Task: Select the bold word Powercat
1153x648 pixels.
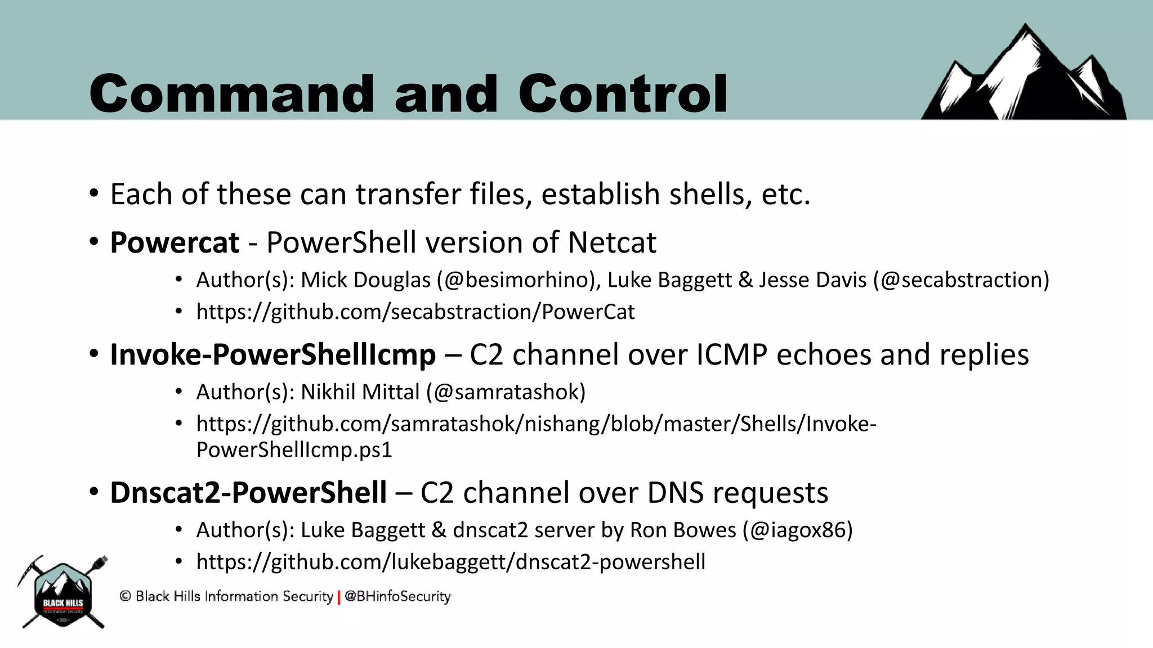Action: click(175, 243)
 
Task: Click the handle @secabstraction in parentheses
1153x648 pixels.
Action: click(961, 280)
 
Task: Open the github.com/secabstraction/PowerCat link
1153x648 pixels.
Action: click(415, 312)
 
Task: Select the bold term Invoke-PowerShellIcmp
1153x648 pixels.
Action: click(272, 355)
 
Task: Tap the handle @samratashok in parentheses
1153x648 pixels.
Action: click(506, 392)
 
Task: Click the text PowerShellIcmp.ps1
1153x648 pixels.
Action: click(294, 450)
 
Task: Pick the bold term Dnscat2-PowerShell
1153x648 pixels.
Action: click(248, 493)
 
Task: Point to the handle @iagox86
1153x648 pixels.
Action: click(797, 530)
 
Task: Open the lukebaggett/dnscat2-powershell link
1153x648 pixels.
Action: click(450, 562)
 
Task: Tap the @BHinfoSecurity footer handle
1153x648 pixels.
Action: click(397, 597)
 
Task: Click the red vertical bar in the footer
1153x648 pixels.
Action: click(339, 597)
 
